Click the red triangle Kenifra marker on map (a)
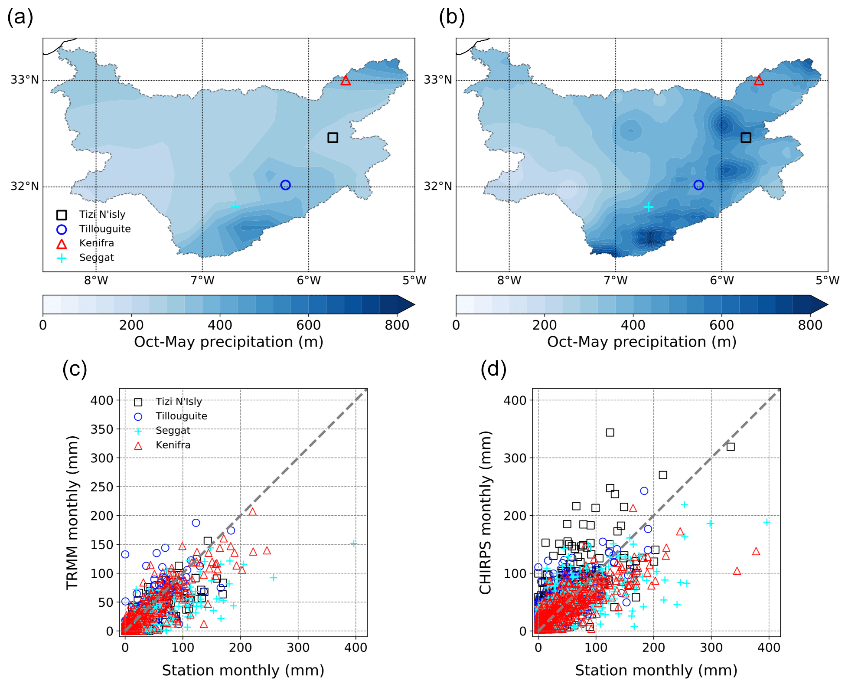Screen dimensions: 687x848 pyautogui.click(x=345, y=81)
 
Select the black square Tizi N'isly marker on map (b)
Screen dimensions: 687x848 pyautogui.click(x=746, y=137)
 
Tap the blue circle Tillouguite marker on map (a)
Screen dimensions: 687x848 pyautogui.click(x=285, y=185)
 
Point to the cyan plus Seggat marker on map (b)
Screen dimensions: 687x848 pyautogui.click(x=648, y=207)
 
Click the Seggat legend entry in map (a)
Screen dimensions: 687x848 pyautogui.click(x=96, y=258)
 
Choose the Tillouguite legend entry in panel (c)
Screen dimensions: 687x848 pyautogui.click(x=181, y=416)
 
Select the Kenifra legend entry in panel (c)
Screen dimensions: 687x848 pyautogui.click(x=173, y=445)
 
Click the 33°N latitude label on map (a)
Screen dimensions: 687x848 pyautogui.click(x=25, y=80)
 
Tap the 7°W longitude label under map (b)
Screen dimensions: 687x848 pyautogui.click(x=616, y=281)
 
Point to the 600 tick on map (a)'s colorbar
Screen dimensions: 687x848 pyautogui.click(x=308, y=325)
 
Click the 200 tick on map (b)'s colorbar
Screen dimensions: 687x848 pyautogui.click(x=545, y=325)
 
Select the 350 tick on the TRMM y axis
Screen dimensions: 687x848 pyautogui.click(x=102, y=429)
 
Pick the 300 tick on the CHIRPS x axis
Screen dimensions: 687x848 pyautogui.click(x=711, y=648)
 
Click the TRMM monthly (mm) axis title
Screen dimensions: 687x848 pyautogui.click(x=72, y=513)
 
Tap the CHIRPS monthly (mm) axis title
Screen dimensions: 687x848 pyautogui.click(x=485, y=513)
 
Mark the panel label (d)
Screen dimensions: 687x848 pyautogui.click(x=493, y=369)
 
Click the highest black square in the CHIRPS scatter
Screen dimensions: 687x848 pyautogui.click(x=610, y=432)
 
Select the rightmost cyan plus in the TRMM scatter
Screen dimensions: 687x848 pyautogui.click(x=353, y=543)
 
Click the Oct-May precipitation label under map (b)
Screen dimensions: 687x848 pyautogui.click(x=642, y=342)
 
